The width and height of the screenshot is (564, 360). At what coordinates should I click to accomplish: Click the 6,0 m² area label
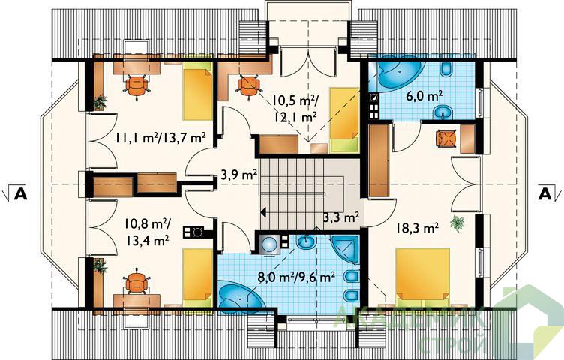coord(429,96)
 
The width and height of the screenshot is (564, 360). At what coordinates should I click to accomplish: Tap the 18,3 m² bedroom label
coord(417,228)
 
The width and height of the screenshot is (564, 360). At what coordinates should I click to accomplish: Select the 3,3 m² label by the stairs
coord(341,217)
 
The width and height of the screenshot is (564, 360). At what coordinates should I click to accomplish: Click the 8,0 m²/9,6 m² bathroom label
coord(297,277)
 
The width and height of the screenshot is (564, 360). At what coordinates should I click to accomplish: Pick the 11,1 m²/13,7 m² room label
coord(160,137)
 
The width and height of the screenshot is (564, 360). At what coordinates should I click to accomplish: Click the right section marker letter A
coord(545,193)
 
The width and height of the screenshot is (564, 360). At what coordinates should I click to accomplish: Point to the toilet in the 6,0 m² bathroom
coord(446,68)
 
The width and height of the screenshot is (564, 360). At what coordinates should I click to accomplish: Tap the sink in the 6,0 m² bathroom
coord(442,112)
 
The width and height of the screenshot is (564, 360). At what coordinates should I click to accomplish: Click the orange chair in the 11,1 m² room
coord(136,86)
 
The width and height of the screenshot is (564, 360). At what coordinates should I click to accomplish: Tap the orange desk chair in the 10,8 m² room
coord(136,281)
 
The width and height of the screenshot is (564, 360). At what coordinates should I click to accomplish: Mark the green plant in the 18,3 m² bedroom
coord(457,223)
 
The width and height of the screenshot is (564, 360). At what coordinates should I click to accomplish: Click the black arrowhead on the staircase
coord(264,212)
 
